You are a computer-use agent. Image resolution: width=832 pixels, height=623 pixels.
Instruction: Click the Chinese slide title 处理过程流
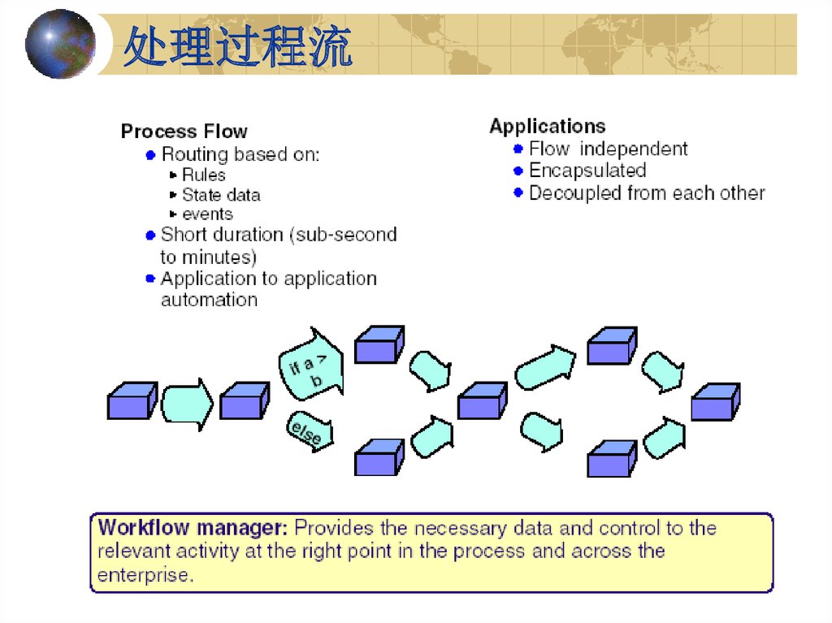(237, 47)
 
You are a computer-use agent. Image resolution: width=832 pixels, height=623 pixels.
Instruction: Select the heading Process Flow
(184, 131)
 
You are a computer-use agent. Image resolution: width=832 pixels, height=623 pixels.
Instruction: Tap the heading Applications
(547, 126)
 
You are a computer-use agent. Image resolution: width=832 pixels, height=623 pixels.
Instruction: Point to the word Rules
(203, 175)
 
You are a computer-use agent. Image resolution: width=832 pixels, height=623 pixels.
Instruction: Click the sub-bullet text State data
(221, 195)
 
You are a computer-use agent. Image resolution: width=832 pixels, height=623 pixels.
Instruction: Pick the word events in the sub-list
(207, 214)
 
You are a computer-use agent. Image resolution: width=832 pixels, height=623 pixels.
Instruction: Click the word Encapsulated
(587, 171)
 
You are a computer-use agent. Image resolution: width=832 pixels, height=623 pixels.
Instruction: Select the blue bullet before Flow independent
(518, 149)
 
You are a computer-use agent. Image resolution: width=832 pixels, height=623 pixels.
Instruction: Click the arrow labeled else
(308, 432)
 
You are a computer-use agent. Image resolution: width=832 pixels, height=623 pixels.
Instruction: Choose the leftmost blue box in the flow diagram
(131, 400)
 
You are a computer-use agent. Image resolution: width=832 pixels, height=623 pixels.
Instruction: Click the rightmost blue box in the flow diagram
(715, 402)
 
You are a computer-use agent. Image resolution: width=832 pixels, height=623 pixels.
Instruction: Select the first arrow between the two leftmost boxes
(186, 403)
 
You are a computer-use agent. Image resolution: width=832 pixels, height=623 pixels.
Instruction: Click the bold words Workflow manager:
(193, 528)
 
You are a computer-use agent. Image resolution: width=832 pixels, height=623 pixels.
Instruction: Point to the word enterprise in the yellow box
(145, 576)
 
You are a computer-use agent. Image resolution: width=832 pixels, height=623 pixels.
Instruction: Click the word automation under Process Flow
(209, 300)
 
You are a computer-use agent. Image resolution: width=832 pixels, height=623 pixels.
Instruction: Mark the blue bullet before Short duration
(150, 236)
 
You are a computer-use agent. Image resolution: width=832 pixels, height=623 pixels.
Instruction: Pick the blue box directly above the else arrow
(245, 400)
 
